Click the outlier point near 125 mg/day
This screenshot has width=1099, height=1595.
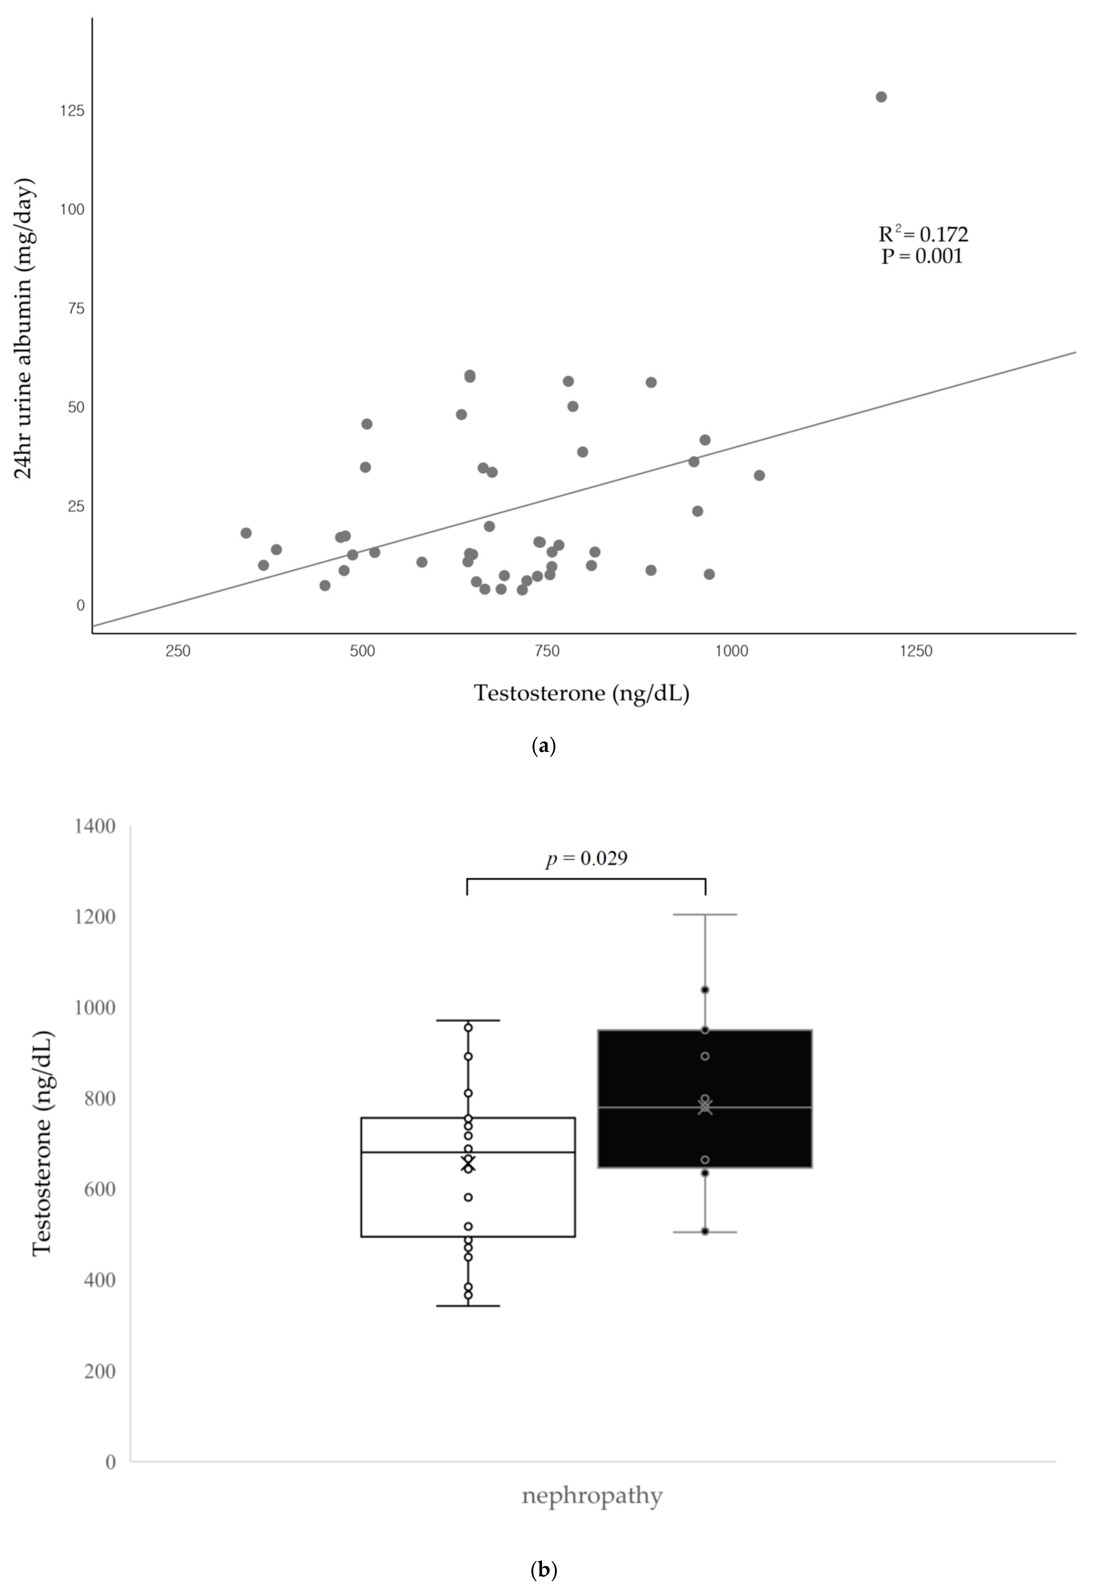(881, 97)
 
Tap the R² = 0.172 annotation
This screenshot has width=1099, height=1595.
(923, 234)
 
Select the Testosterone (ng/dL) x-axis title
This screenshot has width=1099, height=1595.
(581, 693)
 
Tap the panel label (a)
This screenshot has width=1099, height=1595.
(544, 746)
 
